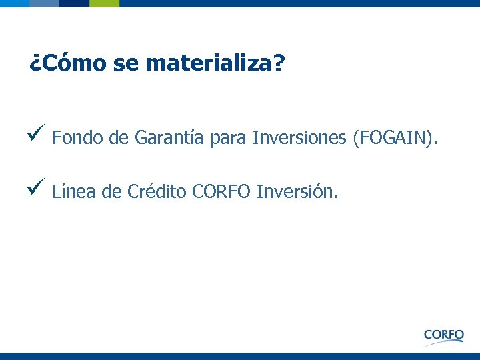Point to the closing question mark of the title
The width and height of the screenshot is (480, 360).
coord(279,63)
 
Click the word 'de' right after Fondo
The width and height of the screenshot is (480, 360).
coord(118,138)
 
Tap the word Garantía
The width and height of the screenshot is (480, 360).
coord(169,138)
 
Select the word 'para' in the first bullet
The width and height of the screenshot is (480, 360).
coord(227,139)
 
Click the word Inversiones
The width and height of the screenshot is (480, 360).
coord(297,138)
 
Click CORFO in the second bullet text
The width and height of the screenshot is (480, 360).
coord(221,192)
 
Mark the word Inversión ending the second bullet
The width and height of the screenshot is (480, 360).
coord(297,192)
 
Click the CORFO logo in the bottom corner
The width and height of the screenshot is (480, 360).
coord(443,335)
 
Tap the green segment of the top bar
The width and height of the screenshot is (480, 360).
coord(103,3)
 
